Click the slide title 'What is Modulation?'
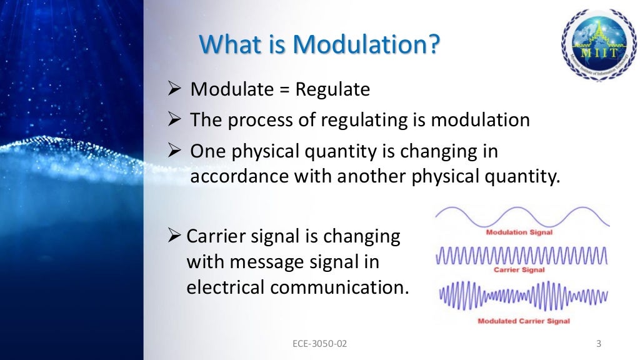pos(319,44)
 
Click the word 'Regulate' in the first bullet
pos(332,90)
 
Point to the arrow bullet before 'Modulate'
pos(176,89)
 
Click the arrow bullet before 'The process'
pos(176,119)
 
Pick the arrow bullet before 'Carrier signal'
pos(176,236)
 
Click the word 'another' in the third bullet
pos(372,177)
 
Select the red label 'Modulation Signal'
pos(520,232)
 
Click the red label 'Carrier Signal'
pos(519,270)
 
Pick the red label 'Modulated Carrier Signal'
pos(524,321)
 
